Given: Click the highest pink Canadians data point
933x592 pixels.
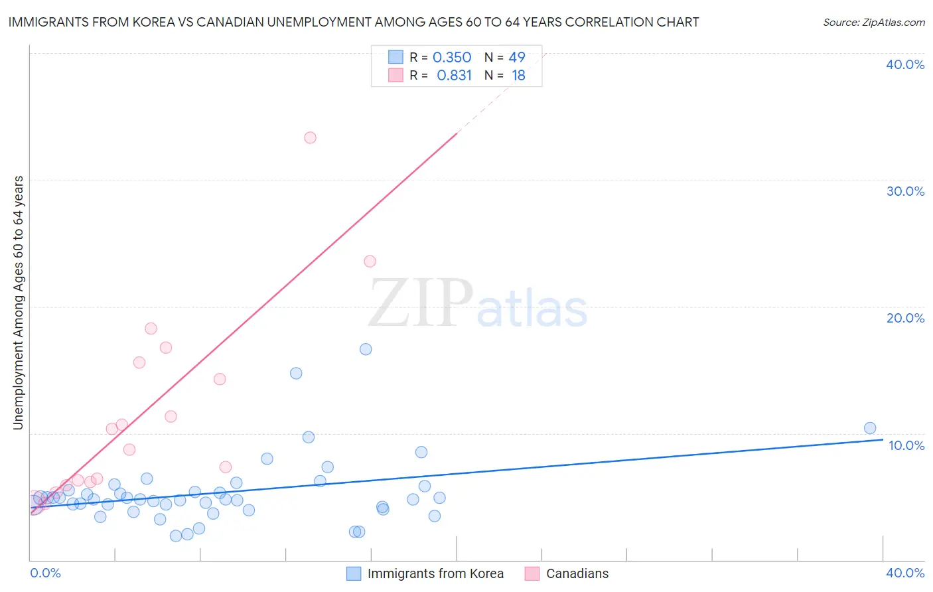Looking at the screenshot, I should [x=310, y=138].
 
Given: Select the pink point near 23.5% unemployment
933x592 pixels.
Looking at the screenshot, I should [x=370, y=261].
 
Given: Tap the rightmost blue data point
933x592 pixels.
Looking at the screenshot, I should [x=870, y=428].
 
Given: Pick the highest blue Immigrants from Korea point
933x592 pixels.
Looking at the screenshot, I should [x=366, y=349].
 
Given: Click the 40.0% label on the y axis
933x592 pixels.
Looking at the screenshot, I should [x=905, y=64].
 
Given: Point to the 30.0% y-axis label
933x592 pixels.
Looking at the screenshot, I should [x=905, y=191].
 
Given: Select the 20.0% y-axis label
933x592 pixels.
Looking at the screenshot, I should [x=905, y=318].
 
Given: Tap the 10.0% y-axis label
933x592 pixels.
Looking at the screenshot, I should [x=906, y=445].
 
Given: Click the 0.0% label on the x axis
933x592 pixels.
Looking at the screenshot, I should [x=46, y=573].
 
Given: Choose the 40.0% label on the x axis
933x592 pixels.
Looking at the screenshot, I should [x=905, y=573].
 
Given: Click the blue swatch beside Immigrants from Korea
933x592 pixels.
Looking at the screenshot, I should [x=354, y=573].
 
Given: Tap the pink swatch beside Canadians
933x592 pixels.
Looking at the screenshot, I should [x=532, y=573].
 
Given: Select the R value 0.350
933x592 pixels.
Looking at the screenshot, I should [x=452, y=58].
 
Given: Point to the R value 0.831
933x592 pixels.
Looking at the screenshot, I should [x=454, y=76].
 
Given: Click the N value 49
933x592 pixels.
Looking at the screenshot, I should [x=517, y=58].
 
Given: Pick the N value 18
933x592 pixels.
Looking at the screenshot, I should [x=518, y=76].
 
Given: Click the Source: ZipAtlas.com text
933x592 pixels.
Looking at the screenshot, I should [x=873, y=23].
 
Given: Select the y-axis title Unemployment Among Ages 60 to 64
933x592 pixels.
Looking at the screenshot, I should [x=19, y=303].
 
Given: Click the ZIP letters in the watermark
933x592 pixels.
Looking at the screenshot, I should [x=420, y=304].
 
